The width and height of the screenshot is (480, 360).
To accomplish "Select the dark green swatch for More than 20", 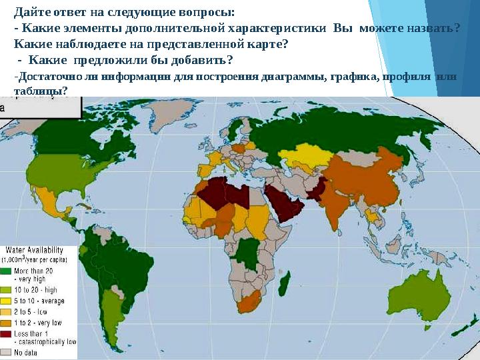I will (6, 271).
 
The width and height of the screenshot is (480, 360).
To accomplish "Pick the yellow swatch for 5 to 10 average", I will (6, 301).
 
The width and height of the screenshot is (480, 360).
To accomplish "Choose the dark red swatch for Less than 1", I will (6, 333).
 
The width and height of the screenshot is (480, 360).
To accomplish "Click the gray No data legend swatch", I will (6, 351).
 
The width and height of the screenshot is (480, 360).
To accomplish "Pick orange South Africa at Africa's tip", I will (248, 303).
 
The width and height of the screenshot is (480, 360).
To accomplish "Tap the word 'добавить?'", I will (200, 61).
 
